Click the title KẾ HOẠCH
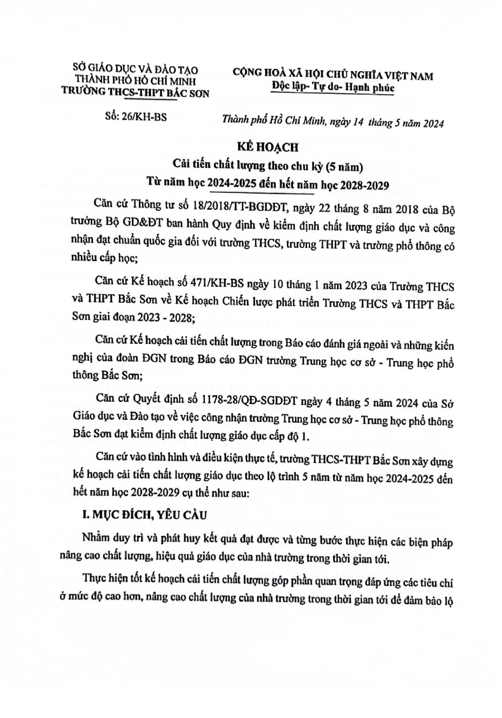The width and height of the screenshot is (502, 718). click(260, 147)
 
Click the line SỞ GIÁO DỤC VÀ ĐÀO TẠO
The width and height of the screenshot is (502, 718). click(135, 69)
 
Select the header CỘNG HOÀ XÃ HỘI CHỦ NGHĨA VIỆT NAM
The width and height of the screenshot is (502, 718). click(333, 76)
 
